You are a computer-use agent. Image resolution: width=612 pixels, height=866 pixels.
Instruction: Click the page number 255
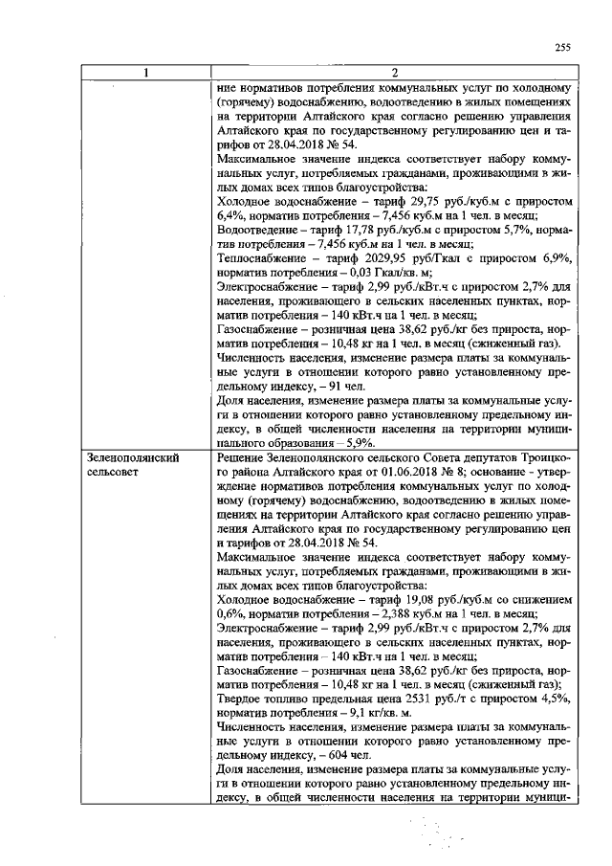pos(561,49)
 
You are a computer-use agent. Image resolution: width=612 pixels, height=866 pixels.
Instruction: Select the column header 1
pos(145,74)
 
